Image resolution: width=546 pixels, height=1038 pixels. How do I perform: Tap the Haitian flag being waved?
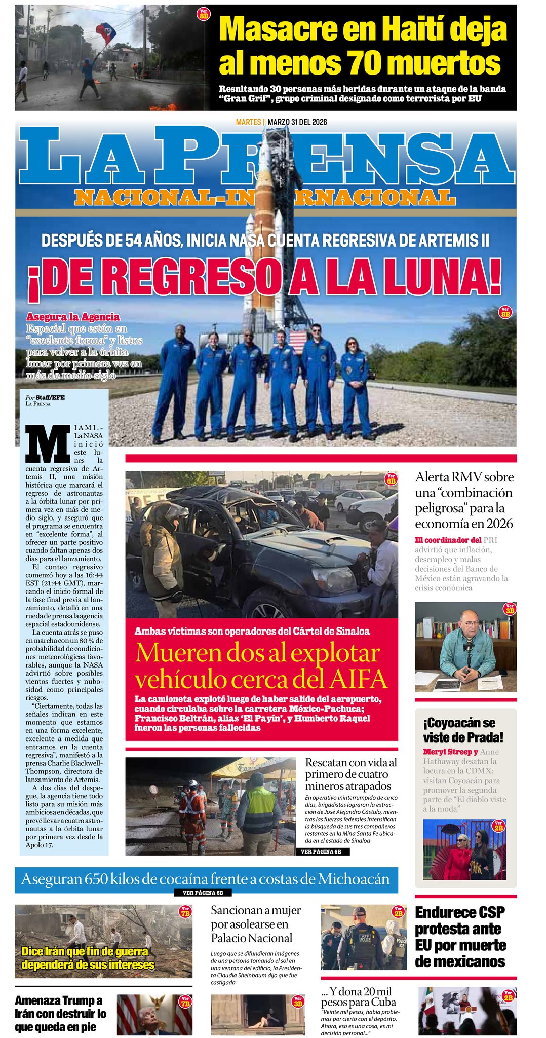click(x=106, y=33)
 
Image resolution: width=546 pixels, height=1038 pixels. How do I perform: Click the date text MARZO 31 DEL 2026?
click(x=297, y=122)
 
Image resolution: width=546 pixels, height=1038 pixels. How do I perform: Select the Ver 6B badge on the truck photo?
click(x=391, y=479)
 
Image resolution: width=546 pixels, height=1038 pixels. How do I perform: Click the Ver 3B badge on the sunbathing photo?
click(x=298, y=1002)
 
